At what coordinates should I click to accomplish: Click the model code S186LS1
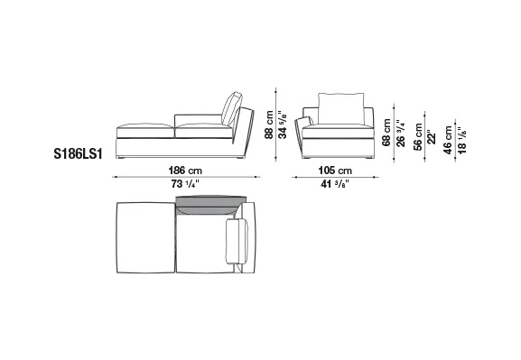pos(78,154)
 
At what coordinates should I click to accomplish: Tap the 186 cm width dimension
pos(185,171)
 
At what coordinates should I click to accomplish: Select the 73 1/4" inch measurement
pos(185,184)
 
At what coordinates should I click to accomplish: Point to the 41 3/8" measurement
pos(335,184)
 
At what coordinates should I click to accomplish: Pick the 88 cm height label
pos(269,125)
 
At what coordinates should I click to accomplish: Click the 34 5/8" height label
pos(283,125)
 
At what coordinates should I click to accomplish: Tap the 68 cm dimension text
pos(386,133)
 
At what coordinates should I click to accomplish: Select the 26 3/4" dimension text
pos(401,133)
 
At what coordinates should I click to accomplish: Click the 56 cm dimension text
pos(418,137)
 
